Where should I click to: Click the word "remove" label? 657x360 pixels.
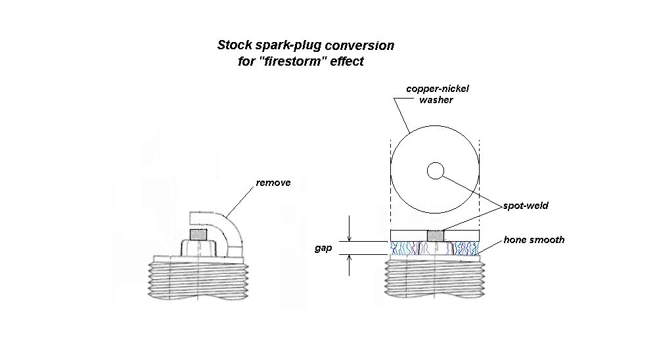pyautogui.click(x=273, y=183)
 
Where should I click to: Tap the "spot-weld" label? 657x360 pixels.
pyautogui.click(x=526, y=206)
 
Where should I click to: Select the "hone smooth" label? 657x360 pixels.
pyautogui.click(x=533, y=240)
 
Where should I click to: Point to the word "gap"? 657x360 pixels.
pyautogui.click(x=323, y=250)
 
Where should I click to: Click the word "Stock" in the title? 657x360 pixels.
pyautogui.click(x=234, y=46)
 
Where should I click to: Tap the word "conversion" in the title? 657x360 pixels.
pyautogui.click(x=364, y=46)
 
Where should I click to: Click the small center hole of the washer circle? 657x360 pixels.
pyautogui.click(x=435, y=171)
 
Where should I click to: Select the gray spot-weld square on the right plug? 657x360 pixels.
pyautogui.click(x=435, y=235)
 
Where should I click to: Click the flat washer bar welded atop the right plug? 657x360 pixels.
pyautogui.click(x=460, y=235)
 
